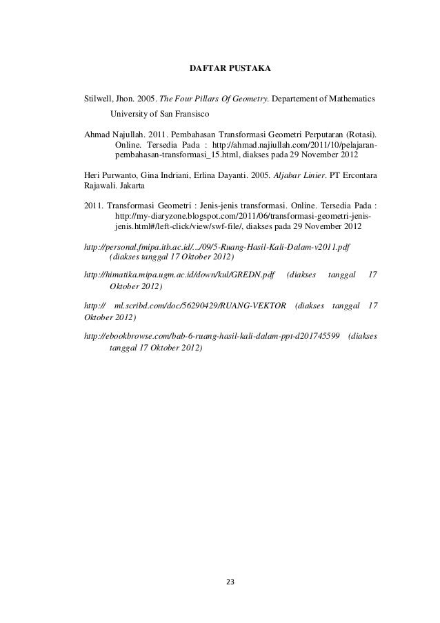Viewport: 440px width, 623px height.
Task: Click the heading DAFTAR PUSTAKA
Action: (x=230, y=70)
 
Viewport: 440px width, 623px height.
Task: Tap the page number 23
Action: (x=230, y=582)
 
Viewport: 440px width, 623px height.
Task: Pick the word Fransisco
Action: (x=188, y=112)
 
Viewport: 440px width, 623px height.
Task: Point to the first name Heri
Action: (x=91, y=176)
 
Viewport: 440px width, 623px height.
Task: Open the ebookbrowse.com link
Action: (x=211, y=336)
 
